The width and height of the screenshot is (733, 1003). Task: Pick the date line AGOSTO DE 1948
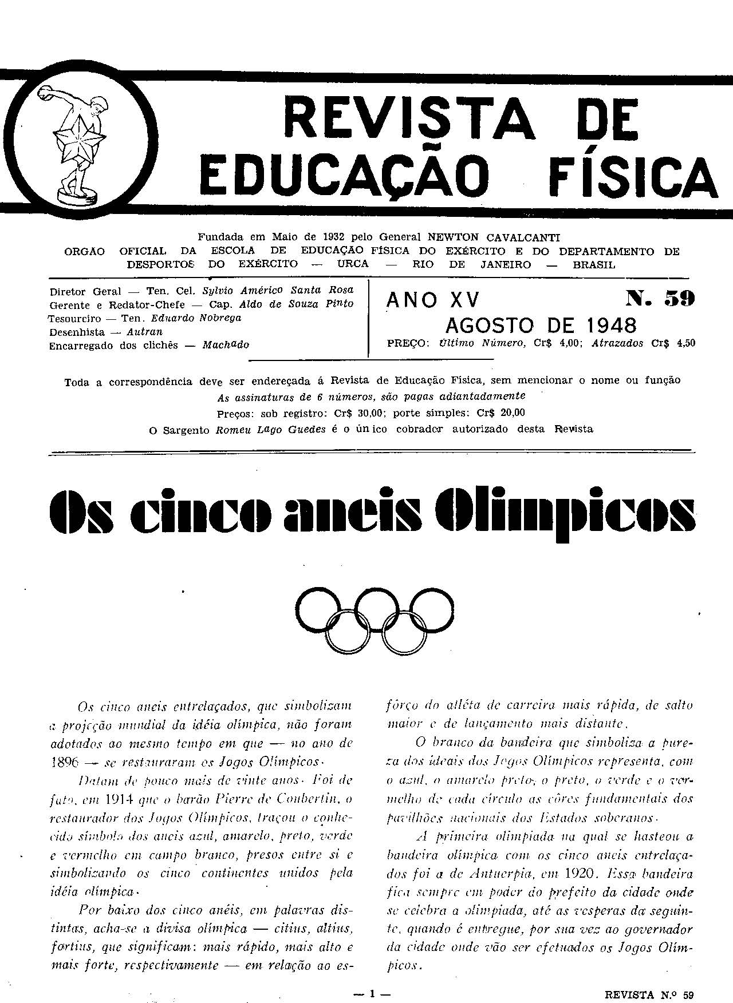(x=541, y=326)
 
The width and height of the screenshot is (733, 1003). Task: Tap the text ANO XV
(x=434, y=300)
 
